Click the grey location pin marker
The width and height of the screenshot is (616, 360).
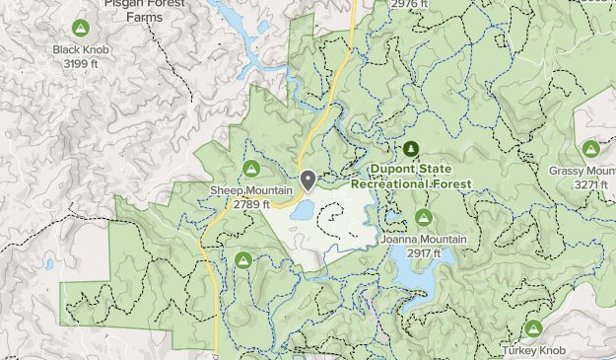point(308,180)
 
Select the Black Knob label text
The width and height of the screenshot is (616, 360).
point(82,50)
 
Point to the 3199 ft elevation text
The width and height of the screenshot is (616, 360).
point(82,64)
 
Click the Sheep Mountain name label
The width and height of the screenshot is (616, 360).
point(250,190)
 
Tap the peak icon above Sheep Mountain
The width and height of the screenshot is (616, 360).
point(250,169)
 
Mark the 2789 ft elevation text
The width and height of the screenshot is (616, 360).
point(250,204)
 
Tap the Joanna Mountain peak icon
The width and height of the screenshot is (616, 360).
point(424,217)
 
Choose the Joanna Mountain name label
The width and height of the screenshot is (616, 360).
point(423,240)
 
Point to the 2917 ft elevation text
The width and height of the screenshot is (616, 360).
point(423,253)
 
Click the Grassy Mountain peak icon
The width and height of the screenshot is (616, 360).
point(590,150)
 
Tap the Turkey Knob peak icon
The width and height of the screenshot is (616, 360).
point(534,327)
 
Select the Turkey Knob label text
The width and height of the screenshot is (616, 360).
point(535,350)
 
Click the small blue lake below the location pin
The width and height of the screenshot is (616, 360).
point(302,210)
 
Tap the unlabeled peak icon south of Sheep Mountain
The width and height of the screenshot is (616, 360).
point(242,260)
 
